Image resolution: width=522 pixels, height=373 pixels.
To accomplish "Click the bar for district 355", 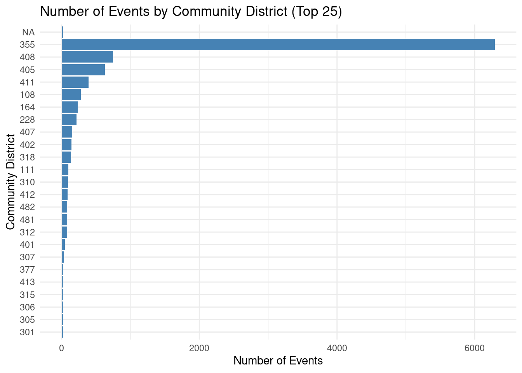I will click(278, 45).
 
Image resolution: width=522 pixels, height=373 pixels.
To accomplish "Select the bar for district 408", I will click(87, 57).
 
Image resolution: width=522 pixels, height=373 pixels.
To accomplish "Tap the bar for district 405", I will click(83, 70).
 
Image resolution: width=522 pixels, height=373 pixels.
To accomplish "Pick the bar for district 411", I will click(75, 82).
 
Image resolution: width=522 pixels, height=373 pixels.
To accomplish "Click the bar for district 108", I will click(71, 95).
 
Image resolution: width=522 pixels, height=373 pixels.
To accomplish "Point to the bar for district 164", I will click(70, 107).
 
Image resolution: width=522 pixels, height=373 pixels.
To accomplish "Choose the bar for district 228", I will click(69, 120).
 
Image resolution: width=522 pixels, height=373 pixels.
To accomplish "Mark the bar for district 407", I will click(67, 132).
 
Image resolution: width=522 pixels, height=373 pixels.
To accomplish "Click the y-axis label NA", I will click(28, 32).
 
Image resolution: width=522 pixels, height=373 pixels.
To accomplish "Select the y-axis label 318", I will click(27, 157).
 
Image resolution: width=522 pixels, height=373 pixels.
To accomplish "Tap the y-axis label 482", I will click(27, 207).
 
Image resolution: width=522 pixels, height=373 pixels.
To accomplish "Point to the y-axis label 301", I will click(27, 332).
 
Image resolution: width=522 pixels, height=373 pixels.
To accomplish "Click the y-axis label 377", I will click(27, 270).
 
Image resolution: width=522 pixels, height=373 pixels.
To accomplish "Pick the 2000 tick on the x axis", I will click(199, 348).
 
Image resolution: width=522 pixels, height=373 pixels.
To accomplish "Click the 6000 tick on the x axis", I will click(475, 348).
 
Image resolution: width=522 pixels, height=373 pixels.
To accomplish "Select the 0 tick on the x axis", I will click(62, 348).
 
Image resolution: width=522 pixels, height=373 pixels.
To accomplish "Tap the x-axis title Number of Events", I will click(278, 361).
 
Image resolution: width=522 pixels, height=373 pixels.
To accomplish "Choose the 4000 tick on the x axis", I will click(337, 348).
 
